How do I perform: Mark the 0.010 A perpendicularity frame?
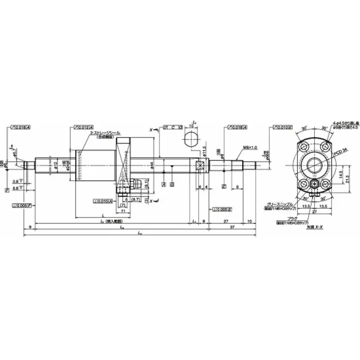click(103, 201)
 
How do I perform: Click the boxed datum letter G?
click(172, 185)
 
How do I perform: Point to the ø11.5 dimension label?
click(205, 150)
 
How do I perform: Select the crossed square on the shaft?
click(201, 165)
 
